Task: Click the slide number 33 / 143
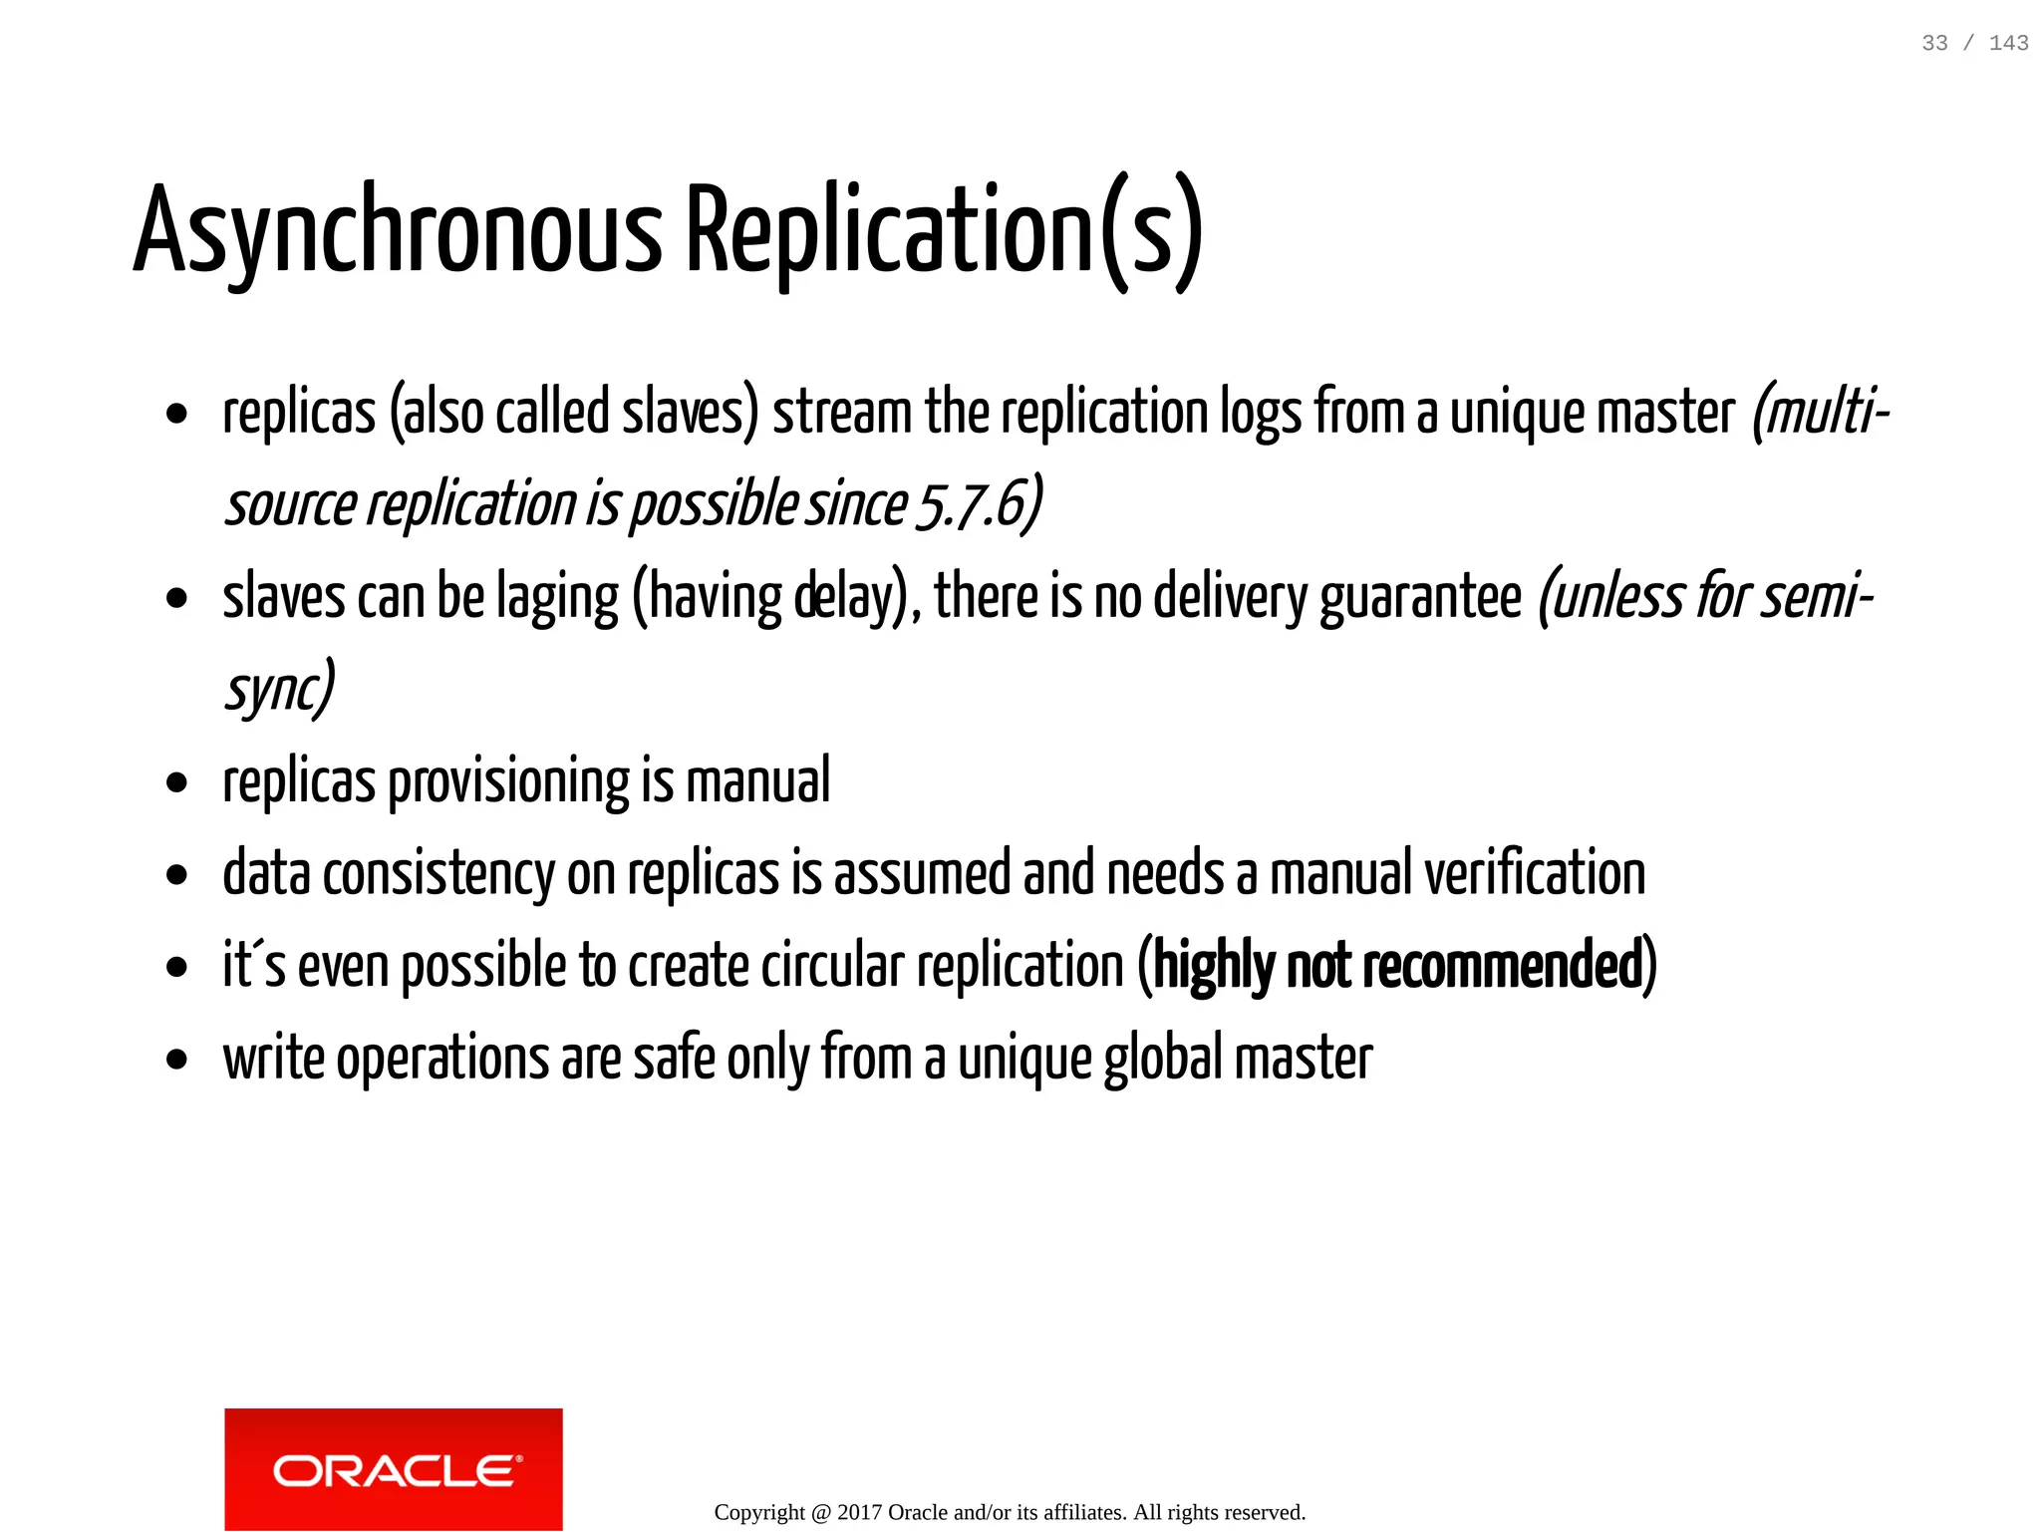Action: [1974, 43]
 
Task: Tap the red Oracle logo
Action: [393, 1468]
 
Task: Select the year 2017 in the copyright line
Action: [859, 1512]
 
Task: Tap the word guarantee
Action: [1420, 598]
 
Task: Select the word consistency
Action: [438, 874]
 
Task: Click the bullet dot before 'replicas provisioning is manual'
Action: [177, 783]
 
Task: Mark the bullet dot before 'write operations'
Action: [177, 1061]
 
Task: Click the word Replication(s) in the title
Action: [944, 231]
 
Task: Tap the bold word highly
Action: [1213, 966]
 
